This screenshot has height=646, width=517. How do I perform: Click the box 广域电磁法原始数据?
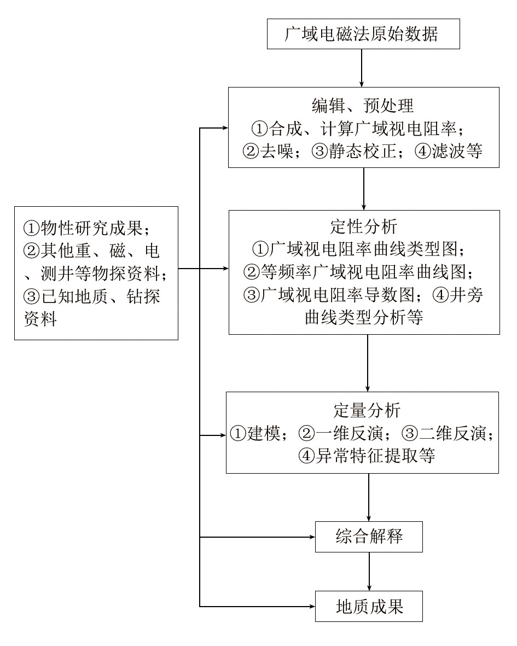tap(363, 34)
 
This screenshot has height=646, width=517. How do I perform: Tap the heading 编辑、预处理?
tap(363, 106)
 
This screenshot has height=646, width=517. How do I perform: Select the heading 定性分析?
tap(364, 226)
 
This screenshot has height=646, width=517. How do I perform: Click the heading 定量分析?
tap(367, 410)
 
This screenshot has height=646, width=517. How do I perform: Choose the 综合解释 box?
tap(369, 537)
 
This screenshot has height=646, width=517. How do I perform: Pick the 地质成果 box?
tap(369, 607)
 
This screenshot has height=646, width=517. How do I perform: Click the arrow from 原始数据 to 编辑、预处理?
tap(362, 68)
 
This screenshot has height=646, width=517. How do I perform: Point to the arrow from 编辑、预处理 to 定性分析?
tap(364, 189)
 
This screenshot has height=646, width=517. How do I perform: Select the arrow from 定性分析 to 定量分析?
tap(368, 363)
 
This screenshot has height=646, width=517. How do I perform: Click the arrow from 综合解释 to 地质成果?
tap(369, 572)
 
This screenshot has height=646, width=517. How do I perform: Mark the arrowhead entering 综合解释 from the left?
tap(312, 537)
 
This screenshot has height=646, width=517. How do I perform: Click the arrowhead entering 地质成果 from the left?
tap(312, 607)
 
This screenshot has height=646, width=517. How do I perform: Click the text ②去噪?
tap(268, 151)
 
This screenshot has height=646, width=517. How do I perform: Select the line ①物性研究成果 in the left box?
tap(86, 228)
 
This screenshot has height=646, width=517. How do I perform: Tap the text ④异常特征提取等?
tap(367, 456)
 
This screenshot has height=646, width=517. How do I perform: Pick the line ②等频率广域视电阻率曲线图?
tap(358, 271)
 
